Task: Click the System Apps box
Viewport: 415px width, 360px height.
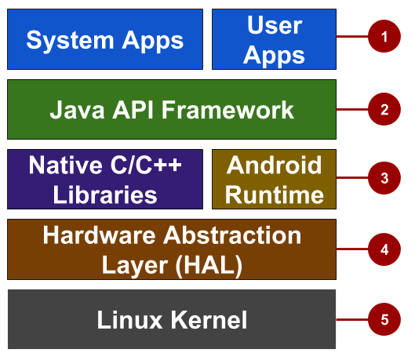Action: (x=105, y=39)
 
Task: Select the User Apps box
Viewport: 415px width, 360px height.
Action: (x=275, y=39)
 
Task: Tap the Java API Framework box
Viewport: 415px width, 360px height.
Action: (x=172, y=109)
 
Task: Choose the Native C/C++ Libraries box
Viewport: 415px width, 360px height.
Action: (x=105, y=179)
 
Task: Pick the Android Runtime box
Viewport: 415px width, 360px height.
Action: (x=275, y=179)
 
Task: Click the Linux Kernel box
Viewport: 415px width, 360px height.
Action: (x=172, y=319)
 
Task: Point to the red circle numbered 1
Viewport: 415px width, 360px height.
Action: (x=384, y=36)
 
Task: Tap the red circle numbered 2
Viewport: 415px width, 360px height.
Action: (x=384, y=109)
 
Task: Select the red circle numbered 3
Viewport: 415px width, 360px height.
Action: (x=384, y=178)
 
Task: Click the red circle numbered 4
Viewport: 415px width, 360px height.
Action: (x=384, y=249)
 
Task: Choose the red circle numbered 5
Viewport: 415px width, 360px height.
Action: (x=384, y=319)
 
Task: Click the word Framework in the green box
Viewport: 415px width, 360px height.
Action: (x=228, y=110)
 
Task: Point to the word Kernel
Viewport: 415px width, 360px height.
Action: (x=209, y=320)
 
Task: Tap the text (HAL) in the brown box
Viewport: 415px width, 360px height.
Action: (x=209, y=266)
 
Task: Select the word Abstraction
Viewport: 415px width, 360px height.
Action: (x=232, y=235)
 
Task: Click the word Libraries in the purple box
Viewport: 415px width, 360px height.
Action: (x=105, y=195)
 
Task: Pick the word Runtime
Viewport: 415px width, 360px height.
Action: (x=275, y=195)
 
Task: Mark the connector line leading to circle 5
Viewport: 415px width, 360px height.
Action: (x=352, y=319)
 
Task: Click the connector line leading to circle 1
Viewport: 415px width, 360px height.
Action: (x=352, y=36)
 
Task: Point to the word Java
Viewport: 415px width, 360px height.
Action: (x=77, y=110)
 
